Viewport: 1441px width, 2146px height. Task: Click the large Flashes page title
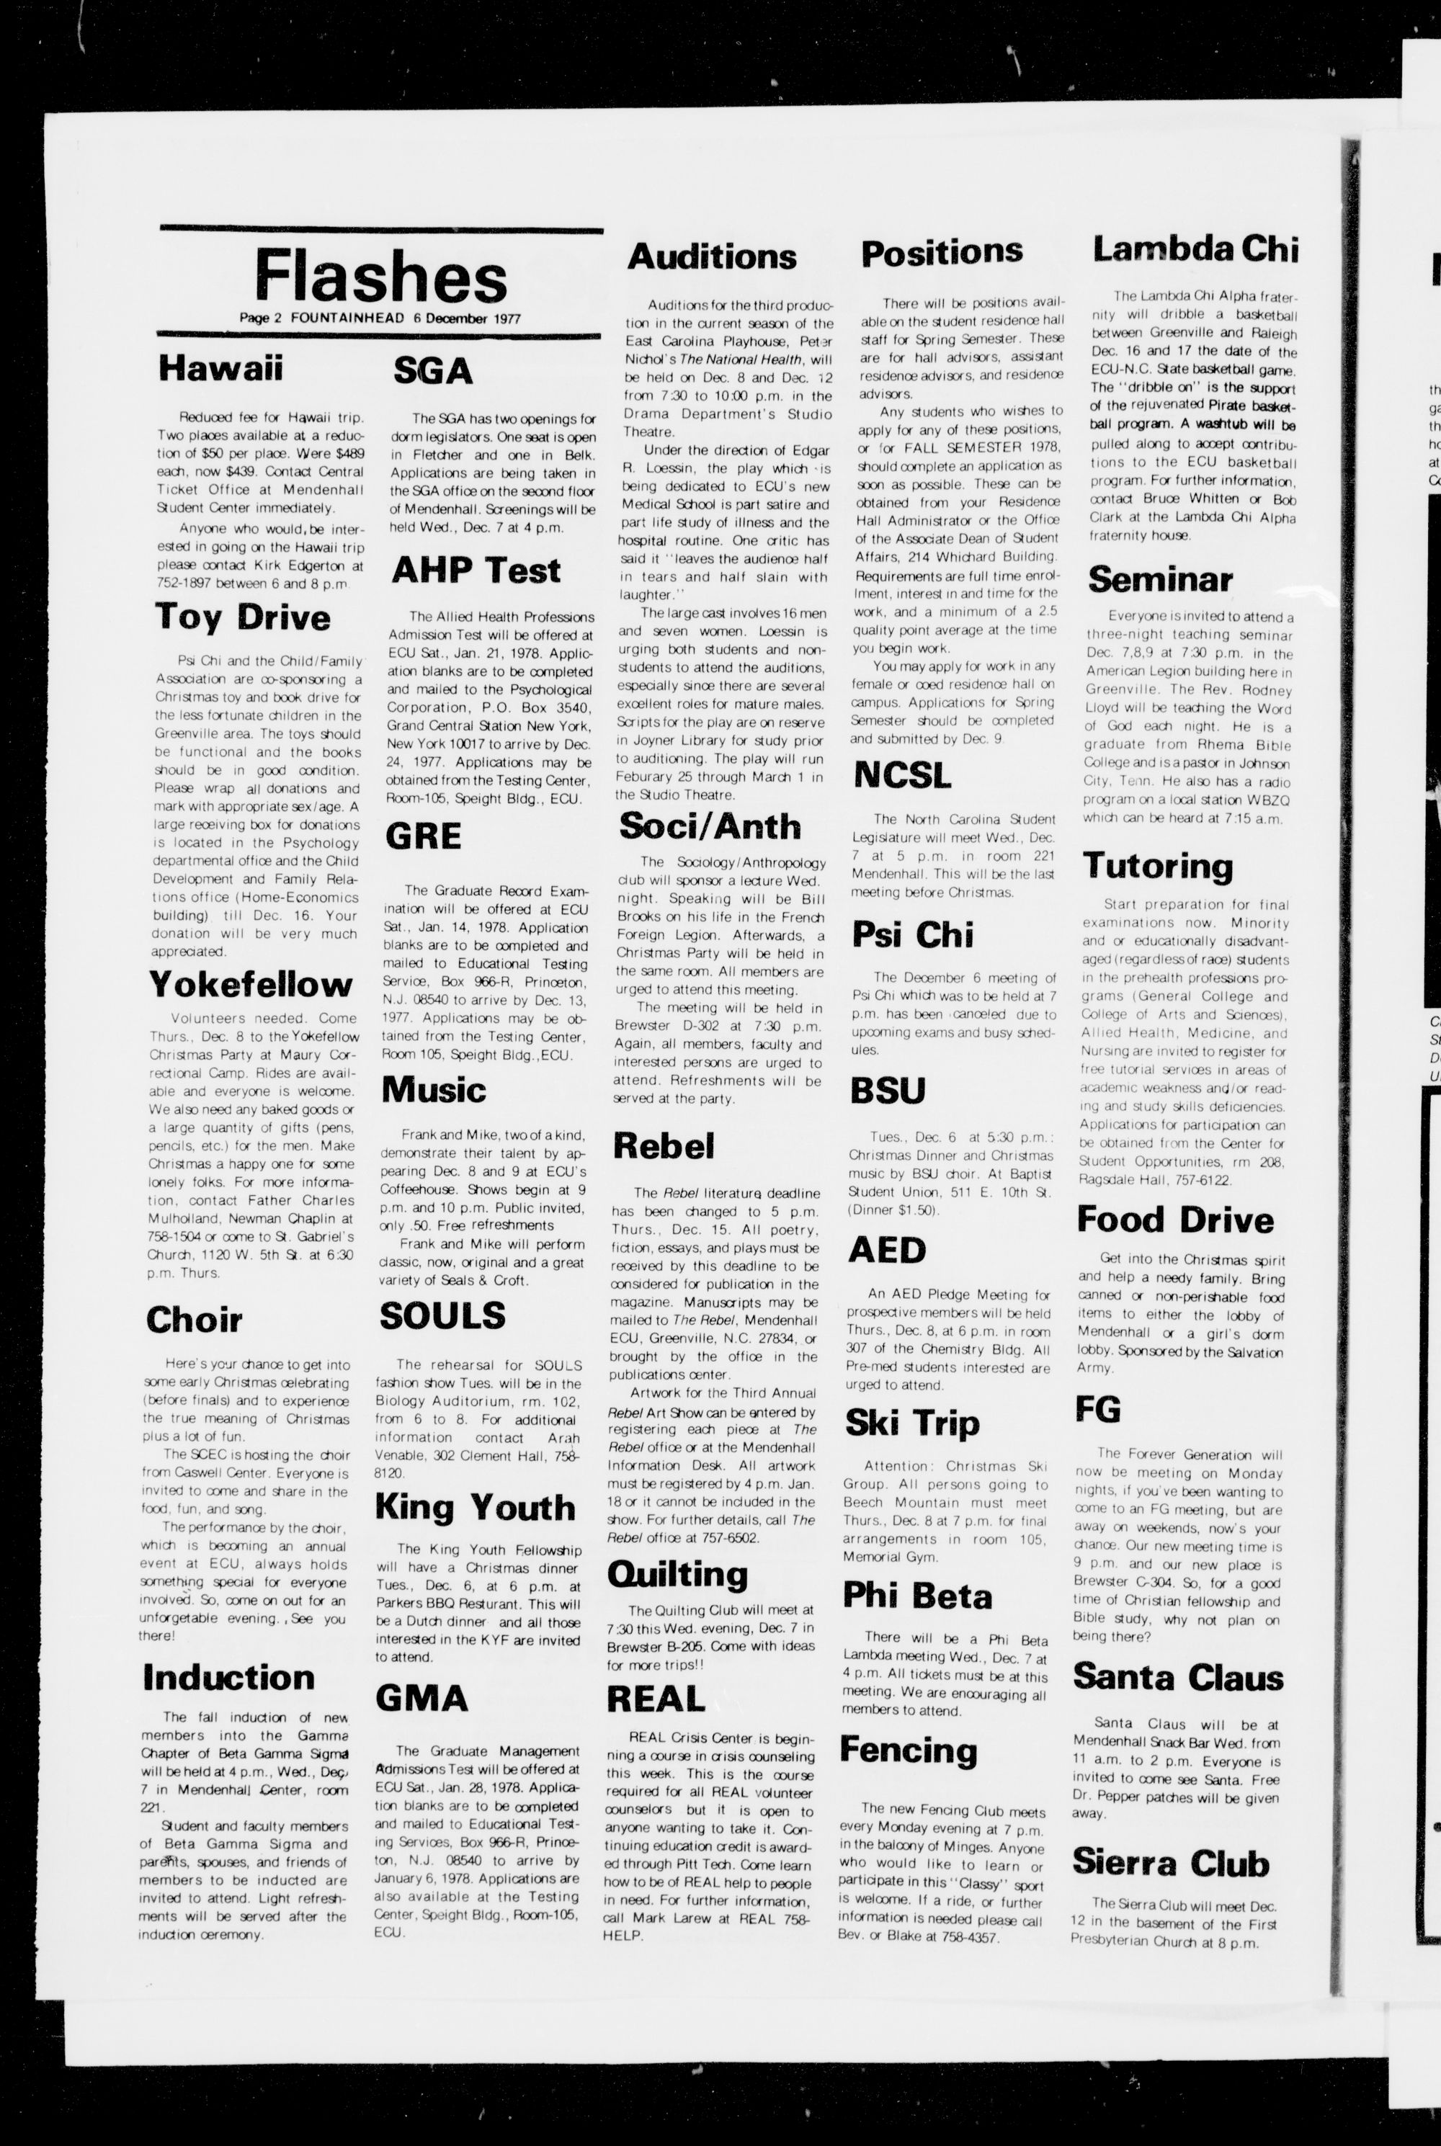point(380,277)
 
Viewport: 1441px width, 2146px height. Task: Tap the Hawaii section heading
point(220,368)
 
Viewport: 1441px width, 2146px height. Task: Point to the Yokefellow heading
point(251,985)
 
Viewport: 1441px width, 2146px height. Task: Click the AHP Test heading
point(476,571)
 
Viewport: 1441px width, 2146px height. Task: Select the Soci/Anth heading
point(710,827)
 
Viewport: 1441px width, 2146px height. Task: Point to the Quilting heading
point(677,1575)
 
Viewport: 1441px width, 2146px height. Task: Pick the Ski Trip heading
point(913,1423)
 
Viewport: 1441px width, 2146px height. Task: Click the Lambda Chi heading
point(1195,249)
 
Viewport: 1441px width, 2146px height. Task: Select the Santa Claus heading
point(1177,1678)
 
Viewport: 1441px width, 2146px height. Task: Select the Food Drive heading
point(1175,1220)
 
